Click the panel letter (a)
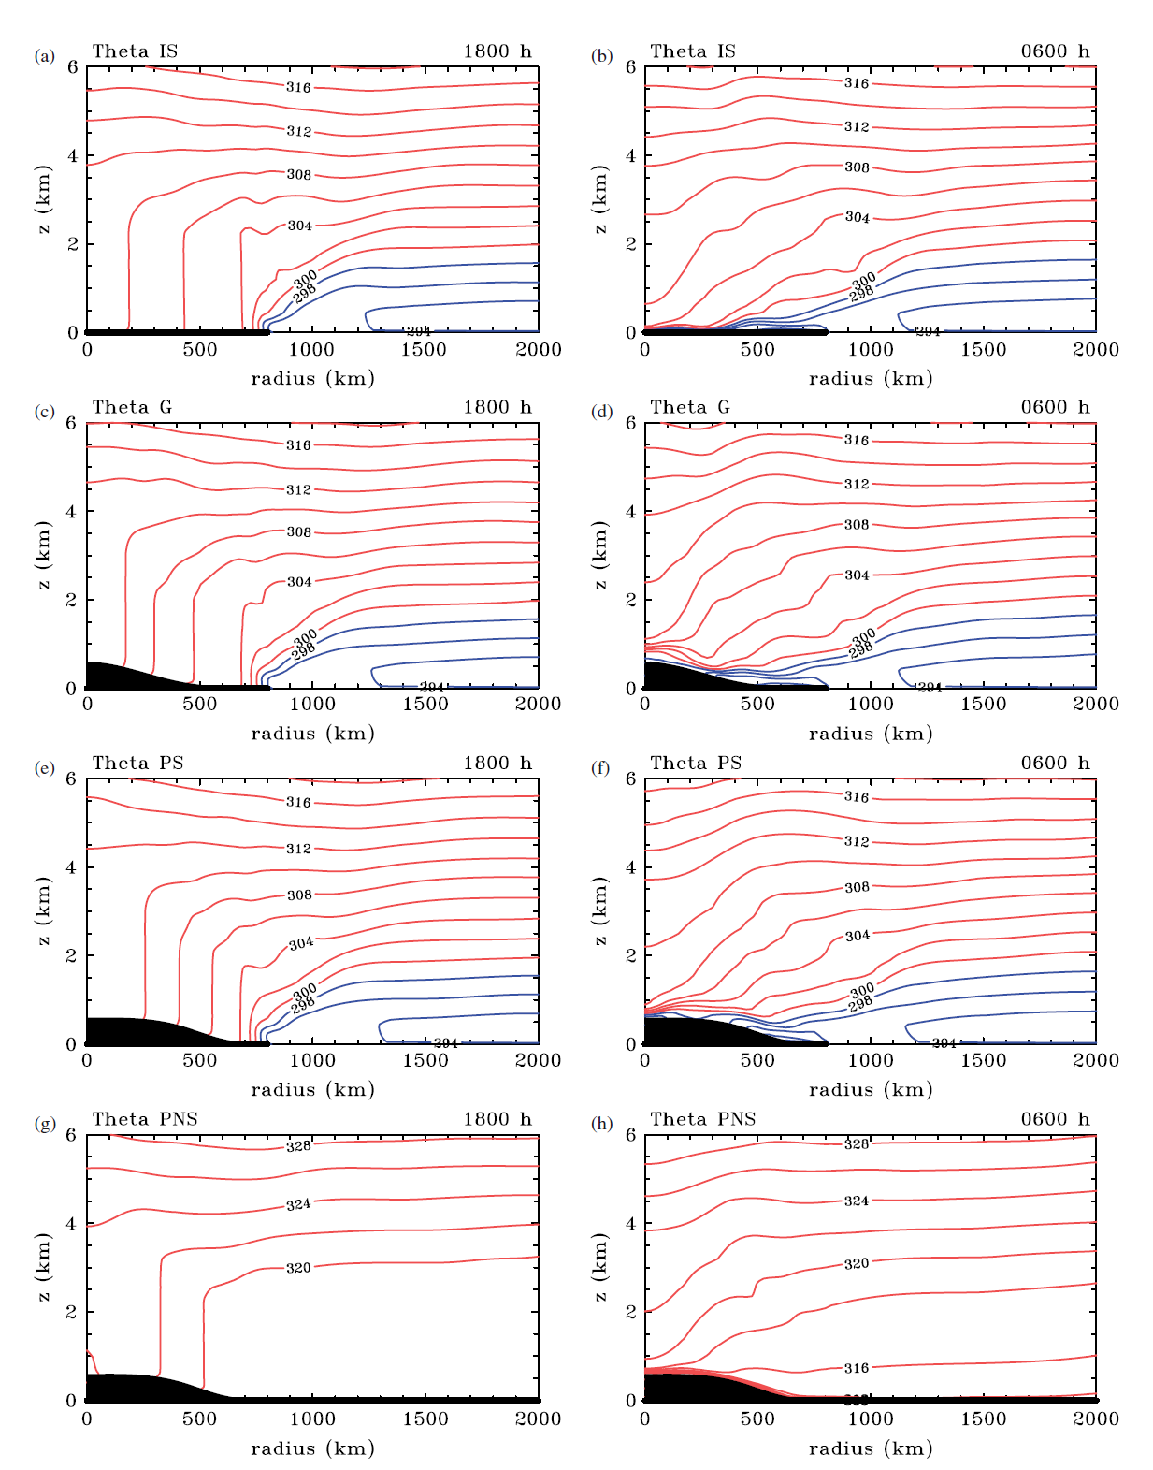tap(43, 56)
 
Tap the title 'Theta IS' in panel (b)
tap(693, 51)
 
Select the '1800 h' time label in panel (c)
tap(497, 407)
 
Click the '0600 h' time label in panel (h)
tap(1056, 1119)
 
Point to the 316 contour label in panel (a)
tap(298, 88)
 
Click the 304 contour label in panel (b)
tap(858, 217)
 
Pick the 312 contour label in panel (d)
tap(857, 484)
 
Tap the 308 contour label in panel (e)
tap(299, 895)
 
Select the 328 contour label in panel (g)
tap(298, 1146)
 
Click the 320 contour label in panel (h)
tap(857, 1263)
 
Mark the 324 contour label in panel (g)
tap(298, 1204)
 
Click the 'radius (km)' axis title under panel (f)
tap(871, 1089)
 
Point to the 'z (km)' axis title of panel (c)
tap(44, 555)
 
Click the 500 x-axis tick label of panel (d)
tap(757, 704)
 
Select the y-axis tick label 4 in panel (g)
tap(72, 1224)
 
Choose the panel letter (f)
tap(601, 768)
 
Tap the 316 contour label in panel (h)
tap(857, 1368)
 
